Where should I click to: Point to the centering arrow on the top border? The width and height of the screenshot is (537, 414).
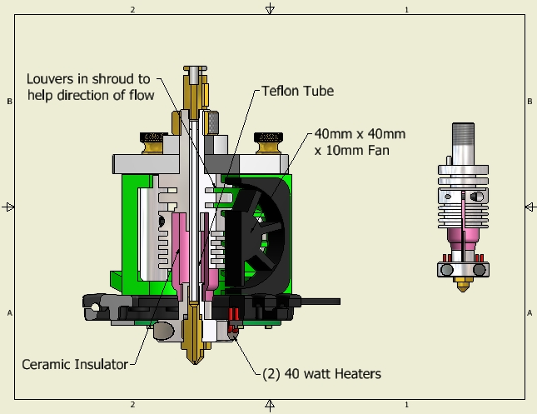269,9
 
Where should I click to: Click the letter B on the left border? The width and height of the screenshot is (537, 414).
8,101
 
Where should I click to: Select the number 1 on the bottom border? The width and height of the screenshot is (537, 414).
406,404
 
